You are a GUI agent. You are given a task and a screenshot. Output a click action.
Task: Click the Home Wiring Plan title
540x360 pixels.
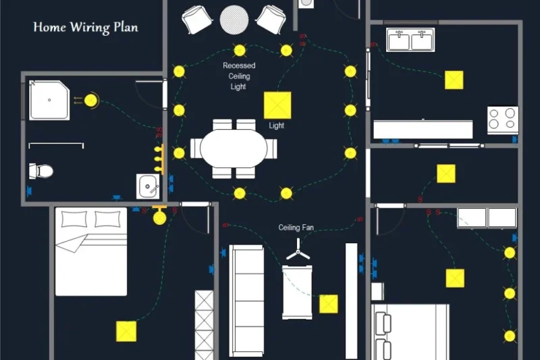pyautogui.click(x=86, y=28)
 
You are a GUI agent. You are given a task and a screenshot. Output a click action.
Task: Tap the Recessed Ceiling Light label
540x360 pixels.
pyautogui.click(x=239, y=76)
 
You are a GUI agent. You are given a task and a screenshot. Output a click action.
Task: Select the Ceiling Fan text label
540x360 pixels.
pyautogui.click(x=296, y=228)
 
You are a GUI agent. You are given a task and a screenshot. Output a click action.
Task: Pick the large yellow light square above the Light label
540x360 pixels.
pyautogui.click(x=277, y=105)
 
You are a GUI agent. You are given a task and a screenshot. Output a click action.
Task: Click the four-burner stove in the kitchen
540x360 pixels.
pyautogui.click(x=503, y=120)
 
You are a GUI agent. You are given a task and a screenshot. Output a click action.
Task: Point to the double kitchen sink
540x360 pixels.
pyautogui.click(x=410, y=40)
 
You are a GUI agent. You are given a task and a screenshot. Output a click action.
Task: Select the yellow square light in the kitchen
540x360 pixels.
pyautogui.click(x=454, y=80)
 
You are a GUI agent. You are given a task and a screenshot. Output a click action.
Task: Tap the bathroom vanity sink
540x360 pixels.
pyautogui.click(x=147, y=184)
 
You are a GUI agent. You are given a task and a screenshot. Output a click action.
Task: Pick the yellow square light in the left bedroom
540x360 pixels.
pyautogui.click(x=126, y=331)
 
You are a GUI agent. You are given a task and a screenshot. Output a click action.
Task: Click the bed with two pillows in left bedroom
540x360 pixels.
pyautogui.click(x=91, y=251)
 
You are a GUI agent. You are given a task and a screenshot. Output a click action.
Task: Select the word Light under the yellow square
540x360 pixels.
pyautogui.click(x=277, y=126)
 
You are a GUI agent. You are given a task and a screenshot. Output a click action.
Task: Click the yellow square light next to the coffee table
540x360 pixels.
pyautogui.click(x=329, y=304)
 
